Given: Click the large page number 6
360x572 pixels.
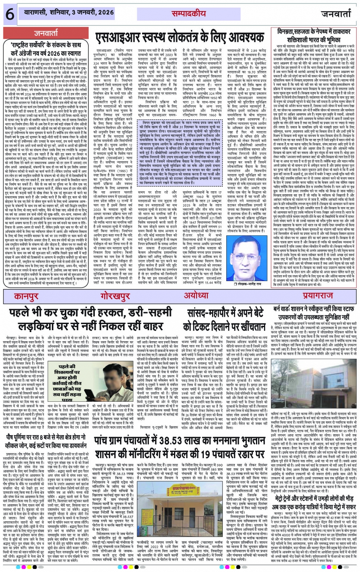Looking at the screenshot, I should [9, 14].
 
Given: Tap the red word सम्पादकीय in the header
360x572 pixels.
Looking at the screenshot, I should [189, 14].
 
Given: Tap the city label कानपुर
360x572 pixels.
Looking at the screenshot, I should [37, 296].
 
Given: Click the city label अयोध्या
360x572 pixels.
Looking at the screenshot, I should [196, 296].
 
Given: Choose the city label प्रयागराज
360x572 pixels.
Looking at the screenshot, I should [318, 296].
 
